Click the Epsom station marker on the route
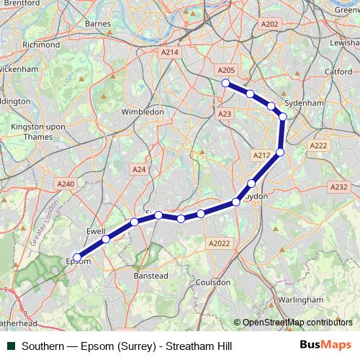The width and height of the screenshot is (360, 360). click(x=77, y=256)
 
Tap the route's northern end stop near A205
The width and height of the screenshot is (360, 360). click(x=225, y=83)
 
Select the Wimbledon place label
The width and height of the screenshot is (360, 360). click(x=143, y=112)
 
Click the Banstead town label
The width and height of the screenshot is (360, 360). click(x=151, y=276)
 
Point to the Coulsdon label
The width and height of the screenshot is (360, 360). click(x=212, y=282)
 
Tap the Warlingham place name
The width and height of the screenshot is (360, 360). click(x=300, y=299)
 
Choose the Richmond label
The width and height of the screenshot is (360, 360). click(x=41, y=44)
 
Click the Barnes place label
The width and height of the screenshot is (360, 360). click(x=97, y=24)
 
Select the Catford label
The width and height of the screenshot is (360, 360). click(x=338, y=72)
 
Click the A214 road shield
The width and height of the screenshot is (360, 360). click(x=170, y=53)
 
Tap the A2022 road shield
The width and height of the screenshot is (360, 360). click(x=219, y=245)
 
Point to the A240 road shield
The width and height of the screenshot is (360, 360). click(x=66, y=184)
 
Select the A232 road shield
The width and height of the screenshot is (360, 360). click(x=338, y=187)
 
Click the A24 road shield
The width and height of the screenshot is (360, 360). click(x=139, y=169)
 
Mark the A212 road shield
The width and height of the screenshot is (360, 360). click(x=261, y=156)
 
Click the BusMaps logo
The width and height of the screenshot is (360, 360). click(x=325, y=346)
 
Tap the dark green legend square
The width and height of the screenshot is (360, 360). click(x=12, y=346)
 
